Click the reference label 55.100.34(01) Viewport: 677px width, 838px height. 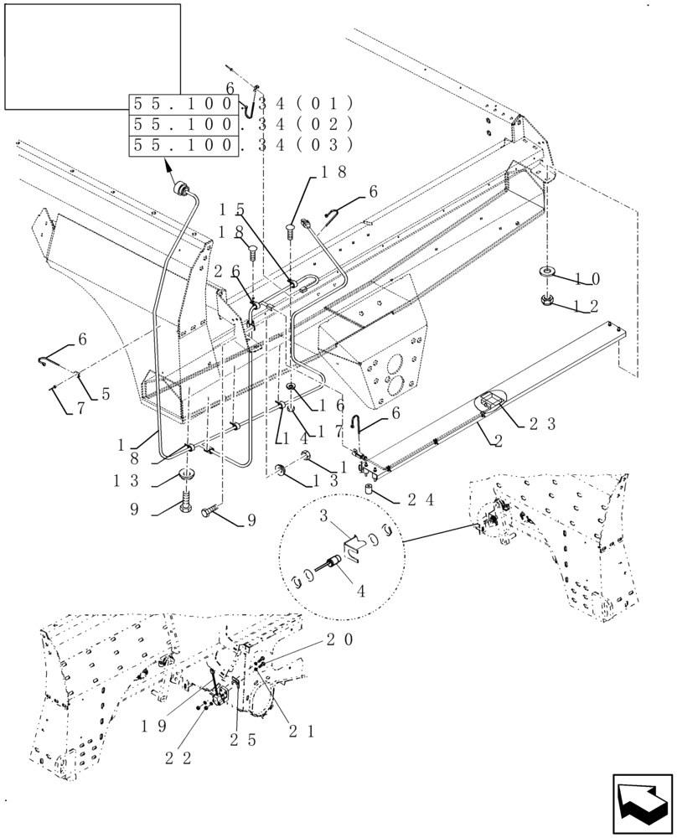[x=240, y=105]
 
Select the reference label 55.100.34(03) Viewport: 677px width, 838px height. [x=240, y=145]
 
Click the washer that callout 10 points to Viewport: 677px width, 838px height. [x=545, y=272]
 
